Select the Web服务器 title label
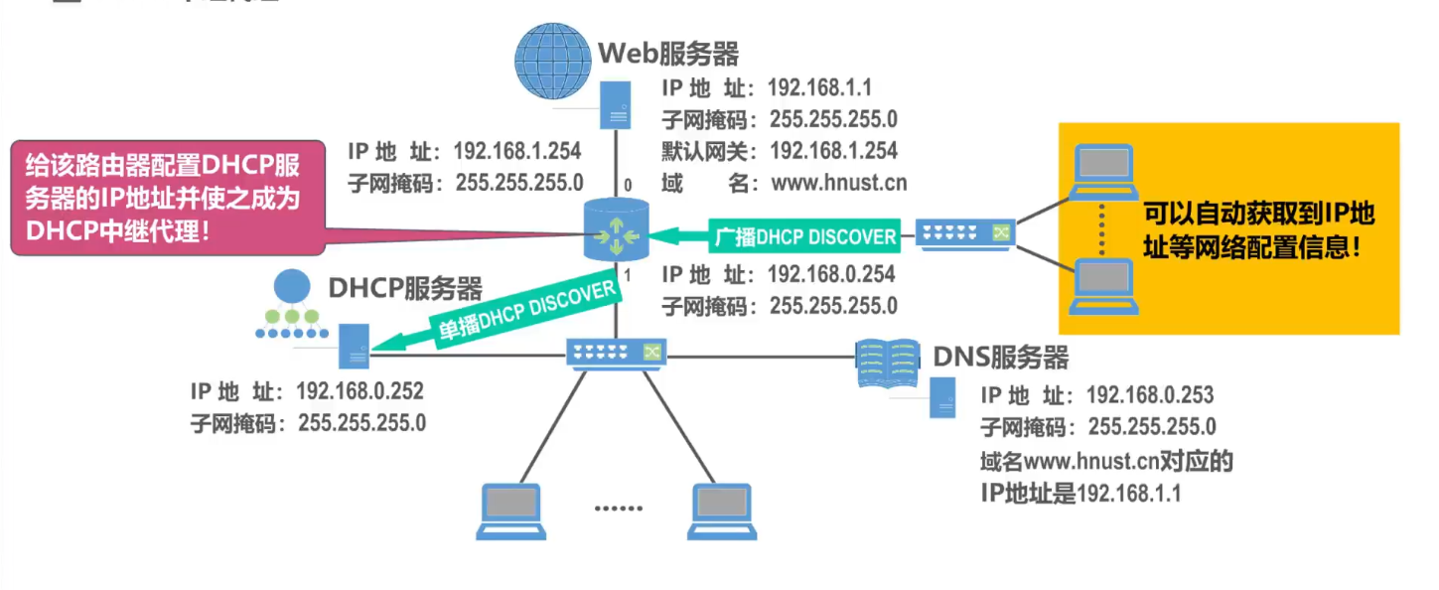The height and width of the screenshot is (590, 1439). [667, 53]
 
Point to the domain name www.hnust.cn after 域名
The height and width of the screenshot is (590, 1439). [838, 183]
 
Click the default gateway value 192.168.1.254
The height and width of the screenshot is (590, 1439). [833, 151]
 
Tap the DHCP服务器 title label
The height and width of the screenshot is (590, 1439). [405, 289]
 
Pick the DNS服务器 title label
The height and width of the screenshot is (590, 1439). [1000, 357]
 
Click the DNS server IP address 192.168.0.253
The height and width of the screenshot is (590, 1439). [1149, 395]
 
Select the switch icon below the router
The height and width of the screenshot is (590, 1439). [616, 352]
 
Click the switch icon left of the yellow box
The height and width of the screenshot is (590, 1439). [963, 234]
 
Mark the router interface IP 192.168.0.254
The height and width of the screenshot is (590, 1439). [831, 274]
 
